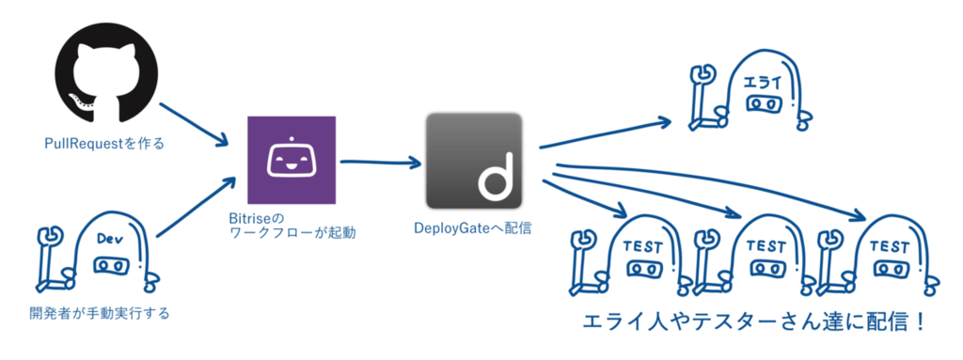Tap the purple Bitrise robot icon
292,160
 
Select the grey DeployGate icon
474,161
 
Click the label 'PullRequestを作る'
104,145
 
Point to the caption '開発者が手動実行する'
100,313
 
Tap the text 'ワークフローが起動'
292,233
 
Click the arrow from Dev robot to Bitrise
197,207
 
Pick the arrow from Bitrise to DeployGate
381,164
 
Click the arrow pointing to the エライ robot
605,133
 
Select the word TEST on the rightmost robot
890,247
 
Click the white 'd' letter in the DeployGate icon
495,180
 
